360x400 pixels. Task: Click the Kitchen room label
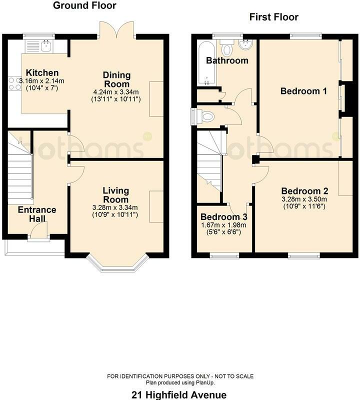coord(42,72)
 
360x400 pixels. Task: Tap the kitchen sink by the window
coord(39,46)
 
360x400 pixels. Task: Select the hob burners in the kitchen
coord(15,83)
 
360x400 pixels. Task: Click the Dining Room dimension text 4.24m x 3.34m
coord(116,92)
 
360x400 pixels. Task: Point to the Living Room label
coord(116,195)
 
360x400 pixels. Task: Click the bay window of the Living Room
coord(117,263)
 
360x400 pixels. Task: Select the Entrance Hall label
coord(37,214)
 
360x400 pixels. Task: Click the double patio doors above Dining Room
coord(117,29)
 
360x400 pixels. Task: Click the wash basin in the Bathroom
coord(245,44)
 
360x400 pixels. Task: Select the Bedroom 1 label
coord(303,91)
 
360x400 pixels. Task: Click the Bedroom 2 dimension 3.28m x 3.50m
coord(304,199)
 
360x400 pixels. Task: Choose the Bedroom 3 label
coord(224,217)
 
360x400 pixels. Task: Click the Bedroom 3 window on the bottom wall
coord(224,255)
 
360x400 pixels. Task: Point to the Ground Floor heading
coord(84,5)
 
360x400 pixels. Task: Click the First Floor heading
coord(274,17)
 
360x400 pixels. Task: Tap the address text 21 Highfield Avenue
coord(179,395)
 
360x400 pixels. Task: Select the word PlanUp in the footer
coord(205,382)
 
